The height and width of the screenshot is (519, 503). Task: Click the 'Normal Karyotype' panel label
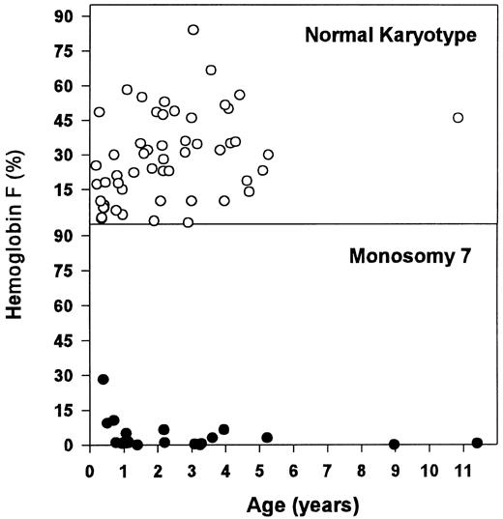[394, 37]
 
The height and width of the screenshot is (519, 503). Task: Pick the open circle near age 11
[458, 118]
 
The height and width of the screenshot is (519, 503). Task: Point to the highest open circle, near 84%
[193, 30]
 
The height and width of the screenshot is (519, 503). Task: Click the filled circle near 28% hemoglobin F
[104, 380]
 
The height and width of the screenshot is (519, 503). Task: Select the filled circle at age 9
[394, 444]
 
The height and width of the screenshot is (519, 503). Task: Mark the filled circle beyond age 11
[477, 443]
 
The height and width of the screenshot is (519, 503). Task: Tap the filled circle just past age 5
[267, 437]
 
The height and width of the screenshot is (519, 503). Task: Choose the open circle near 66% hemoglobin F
[211, 70]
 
